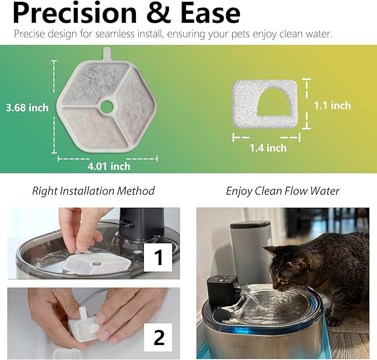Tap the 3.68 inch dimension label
click(27, 107)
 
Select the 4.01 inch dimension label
click(109, 166)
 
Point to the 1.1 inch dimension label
click(332, 105)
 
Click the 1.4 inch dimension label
click(268, 147)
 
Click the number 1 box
click(159, 258)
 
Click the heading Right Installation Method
click(93, 191)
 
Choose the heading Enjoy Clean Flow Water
click(283, 191)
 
